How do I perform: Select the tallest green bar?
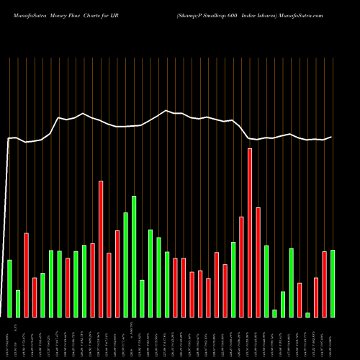tap(134, 256)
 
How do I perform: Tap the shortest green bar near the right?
tap(307, 315)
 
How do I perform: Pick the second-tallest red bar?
tap(101, 248)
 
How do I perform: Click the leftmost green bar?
tap(9, 288)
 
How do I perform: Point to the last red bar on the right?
tap(325, 284)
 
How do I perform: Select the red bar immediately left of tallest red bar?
tap(241, 266)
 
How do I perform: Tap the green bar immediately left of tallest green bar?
tap(125, 264)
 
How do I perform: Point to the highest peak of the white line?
tap(166, 110)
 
